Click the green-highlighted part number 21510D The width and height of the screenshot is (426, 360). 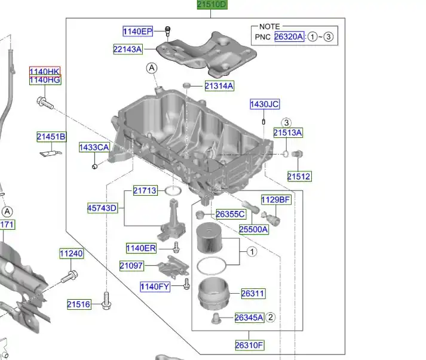point(212,4)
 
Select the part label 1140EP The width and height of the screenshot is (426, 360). point(138,31)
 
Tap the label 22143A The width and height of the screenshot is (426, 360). point(128,49)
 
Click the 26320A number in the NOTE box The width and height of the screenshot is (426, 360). point(289,36)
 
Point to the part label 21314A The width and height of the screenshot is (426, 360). point(219,86)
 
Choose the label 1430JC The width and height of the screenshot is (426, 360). point(264,104)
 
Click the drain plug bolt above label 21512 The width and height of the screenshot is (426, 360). point(297,154)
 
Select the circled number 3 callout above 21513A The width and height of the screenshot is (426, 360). point(286,123)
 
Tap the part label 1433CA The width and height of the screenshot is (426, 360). point(94,147)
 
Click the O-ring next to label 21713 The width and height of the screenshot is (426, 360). point(173,191)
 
